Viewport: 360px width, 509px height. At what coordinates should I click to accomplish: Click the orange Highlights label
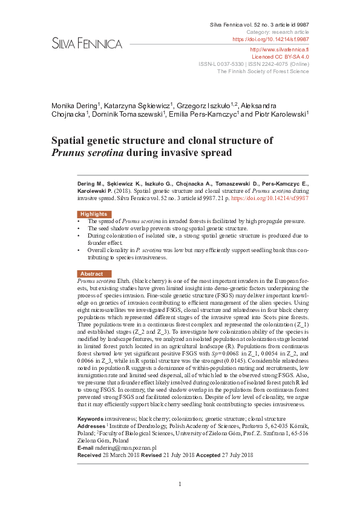point(93,214)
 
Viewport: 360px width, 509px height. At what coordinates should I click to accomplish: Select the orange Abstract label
point(92,274)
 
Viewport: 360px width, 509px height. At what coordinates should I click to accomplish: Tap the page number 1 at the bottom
point(180,484)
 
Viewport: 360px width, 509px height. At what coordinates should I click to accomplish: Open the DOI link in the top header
point(270,39)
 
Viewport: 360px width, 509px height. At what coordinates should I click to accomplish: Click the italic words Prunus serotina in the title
point(87,153)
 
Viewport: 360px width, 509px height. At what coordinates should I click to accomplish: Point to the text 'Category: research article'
point(278,31)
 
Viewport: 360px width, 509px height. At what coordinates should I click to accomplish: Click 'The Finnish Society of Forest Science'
point(263,71)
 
